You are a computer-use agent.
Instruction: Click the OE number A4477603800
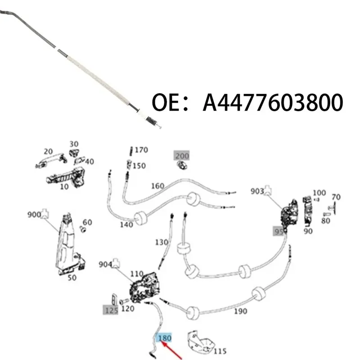point(273,103)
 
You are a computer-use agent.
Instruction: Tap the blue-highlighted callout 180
point(164,338)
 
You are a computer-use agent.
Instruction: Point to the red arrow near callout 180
point(171,351)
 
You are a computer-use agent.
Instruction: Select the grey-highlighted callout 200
point(182,156)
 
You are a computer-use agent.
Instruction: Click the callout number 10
point(64,187)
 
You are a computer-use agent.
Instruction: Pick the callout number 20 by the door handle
point(48,152)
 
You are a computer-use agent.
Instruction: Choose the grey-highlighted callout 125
point(111,310)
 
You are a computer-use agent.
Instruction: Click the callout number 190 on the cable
point(240,311)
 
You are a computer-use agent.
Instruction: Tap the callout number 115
point(220,351)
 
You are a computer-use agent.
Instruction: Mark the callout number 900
point(34,215)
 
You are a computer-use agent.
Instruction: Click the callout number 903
point(257,191)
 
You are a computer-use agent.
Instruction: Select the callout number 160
point(157,186)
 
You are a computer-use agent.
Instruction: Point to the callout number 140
point(126,224)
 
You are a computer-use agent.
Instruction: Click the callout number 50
point(72,278)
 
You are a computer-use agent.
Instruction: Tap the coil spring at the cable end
point(152,120)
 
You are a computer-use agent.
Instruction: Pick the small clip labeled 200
point(182,165)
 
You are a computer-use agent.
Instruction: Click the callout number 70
point(336,197)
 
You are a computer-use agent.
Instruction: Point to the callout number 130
point(162,242)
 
